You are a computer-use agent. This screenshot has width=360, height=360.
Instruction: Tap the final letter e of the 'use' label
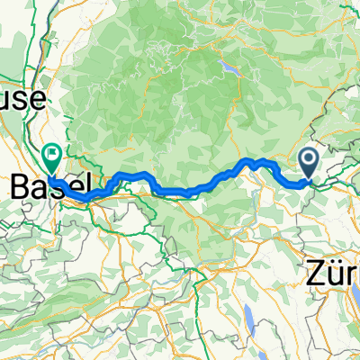pyautogui.click(x=36, y=103)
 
